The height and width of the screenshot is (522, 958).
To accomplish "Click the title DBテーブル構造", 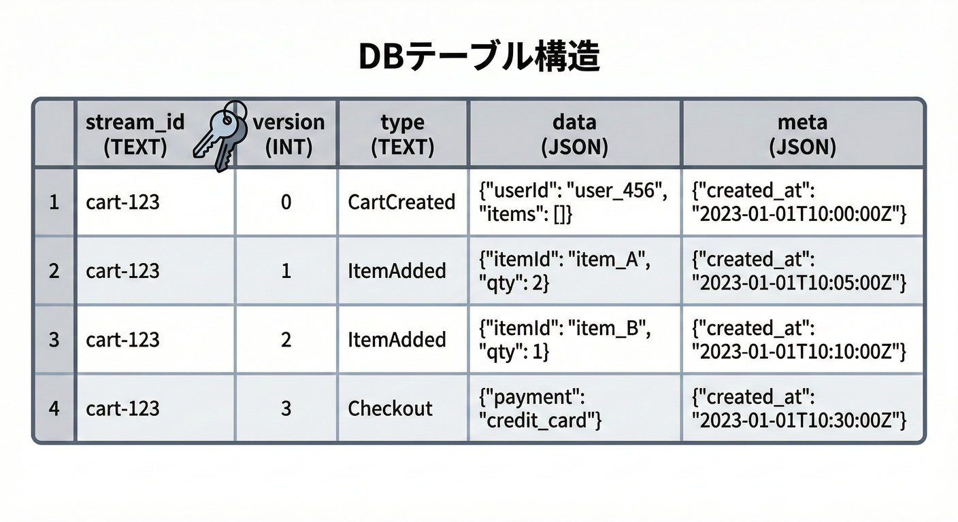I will (x=478, y=59).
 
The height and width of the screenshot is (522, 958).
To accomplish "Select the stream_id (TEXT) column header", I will (x=135, y=134).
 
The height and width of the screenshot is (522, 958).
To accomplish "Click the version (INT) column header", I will (x=288, y=134).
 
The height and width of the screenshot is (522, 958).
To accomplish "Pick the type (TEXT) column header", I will (x=402, y=134).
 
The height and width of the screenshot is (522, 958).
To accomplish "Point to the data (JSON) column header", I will (x=574, y=134).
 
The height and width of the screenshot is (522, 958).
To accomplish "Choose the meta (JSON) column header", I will (x=802, y=134).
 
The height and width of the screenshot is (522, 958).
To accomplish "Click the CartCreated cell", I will (x=401, y=202).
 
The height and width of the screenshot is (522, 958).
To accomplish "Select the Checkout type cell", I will (x=390, y=408).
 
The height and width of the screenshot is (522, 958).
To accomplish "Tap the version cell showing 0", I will (x=286, y=202).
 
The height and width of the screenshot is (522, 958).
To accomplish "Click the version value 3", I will (x=286, y=408).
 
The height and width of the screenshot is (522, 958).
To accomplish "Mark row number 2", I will (x=54, y=271).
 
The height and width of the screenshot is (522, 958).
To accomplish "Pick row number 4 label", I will (x=54, y=408).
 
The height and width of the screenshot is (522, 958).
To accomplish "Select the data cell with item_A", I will (x=565, y=271).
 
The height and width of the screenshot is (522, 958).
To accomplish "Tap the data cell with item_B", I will (x=565, y=340).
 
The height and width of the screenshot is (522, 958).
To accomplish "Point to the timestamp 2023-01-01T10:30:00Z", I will (x=799, y=421).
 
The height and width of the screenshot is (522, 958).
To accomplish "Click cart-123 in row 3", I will (x=122, y=340).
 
